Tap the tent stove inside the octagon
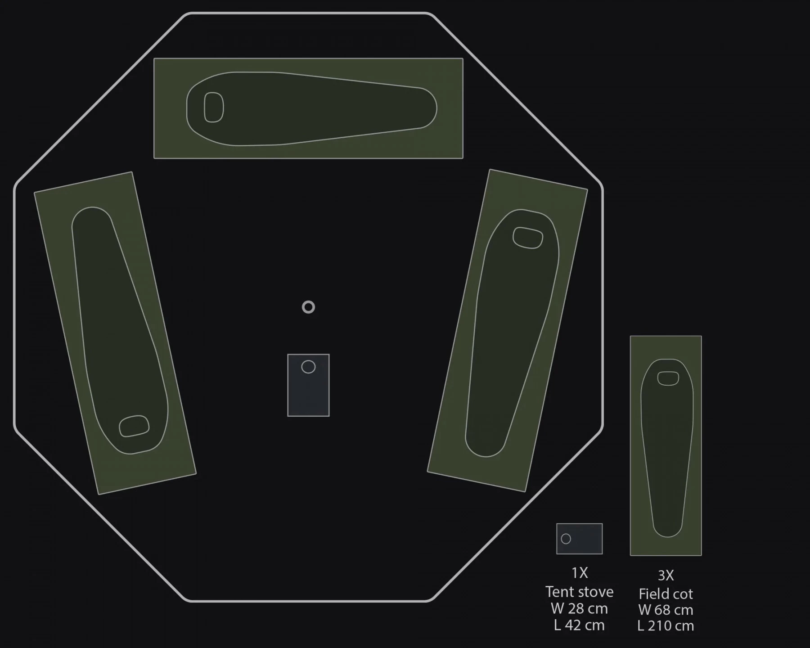click(308, 385)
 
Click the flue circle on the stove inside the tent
click(308, 367)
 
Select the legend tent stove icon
click(579, 539)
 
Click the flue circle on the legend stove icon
click(566, 539)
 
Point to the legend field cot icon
click(666, 445)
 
